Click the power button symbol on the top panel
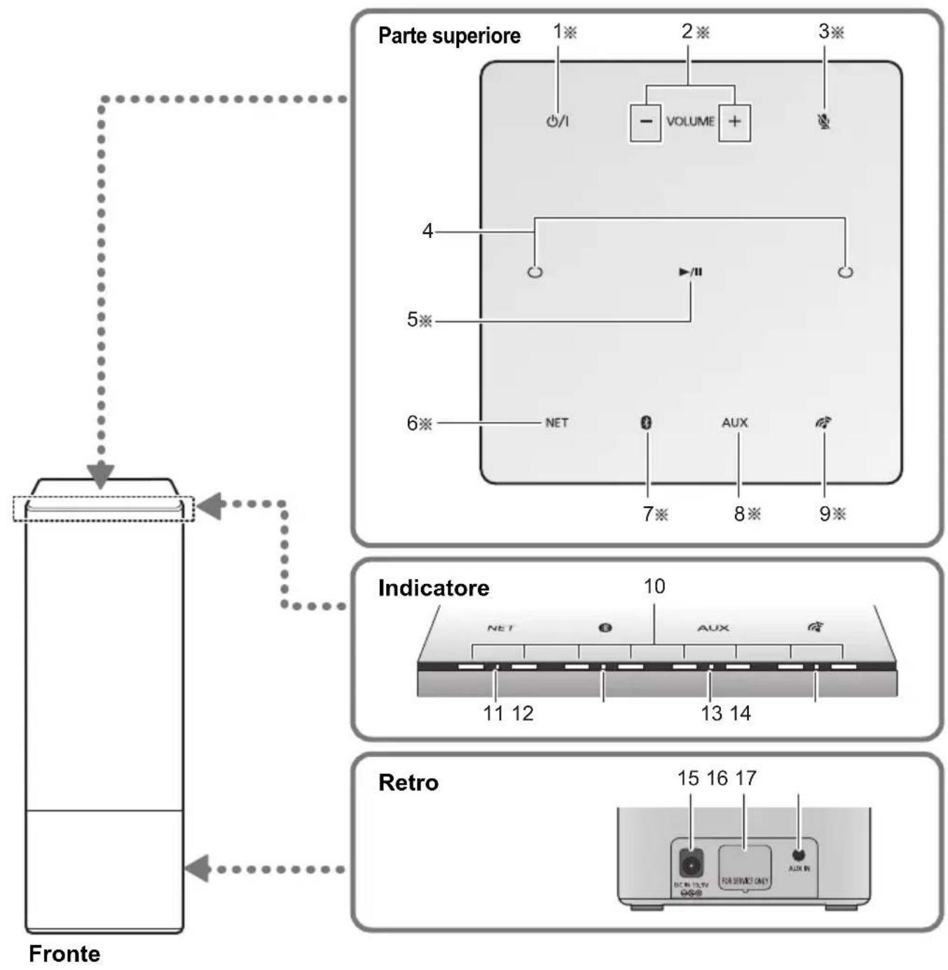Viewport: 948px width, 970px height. (557, 121)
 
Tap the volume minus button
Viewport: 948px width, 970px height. (645, 121)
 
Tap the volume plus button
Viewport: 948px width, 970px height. (734, 121)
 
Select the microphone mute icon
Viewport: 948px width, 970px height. (824, 121)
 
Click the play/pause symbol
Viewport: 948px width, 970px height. (691, 272)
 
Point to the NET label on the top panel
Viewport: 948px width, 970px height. (557, 423)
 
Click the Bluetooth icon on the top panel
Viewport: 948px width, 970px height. (647, 423)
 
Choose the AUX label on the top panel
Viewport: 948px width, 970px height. (735, 423)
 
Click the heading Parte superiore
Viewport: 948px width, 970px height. (449, 36)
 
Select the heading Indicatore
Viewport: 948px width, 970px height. (434, 587)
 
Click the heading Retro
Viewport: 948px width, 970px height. (408, 782)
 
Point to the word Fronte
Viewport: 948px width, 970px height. (64, 954)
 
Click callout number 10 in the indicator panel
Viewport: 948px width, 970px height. (654, 586)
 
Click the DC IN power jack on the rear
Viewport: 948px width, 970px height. (690, 866)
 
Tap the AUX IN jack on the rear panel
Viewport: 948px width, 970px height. (798, 855)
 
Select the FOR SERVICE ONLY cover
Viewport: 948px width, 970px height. (745, 868)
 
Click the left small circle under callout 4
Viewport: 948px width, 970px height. (535, 272)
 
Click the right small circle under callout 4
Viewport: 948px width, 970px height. (846, 272)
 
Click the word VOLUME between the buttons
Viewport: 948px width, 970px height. (690, 121)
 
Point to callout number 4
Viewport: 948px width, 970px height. (427, 231)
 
